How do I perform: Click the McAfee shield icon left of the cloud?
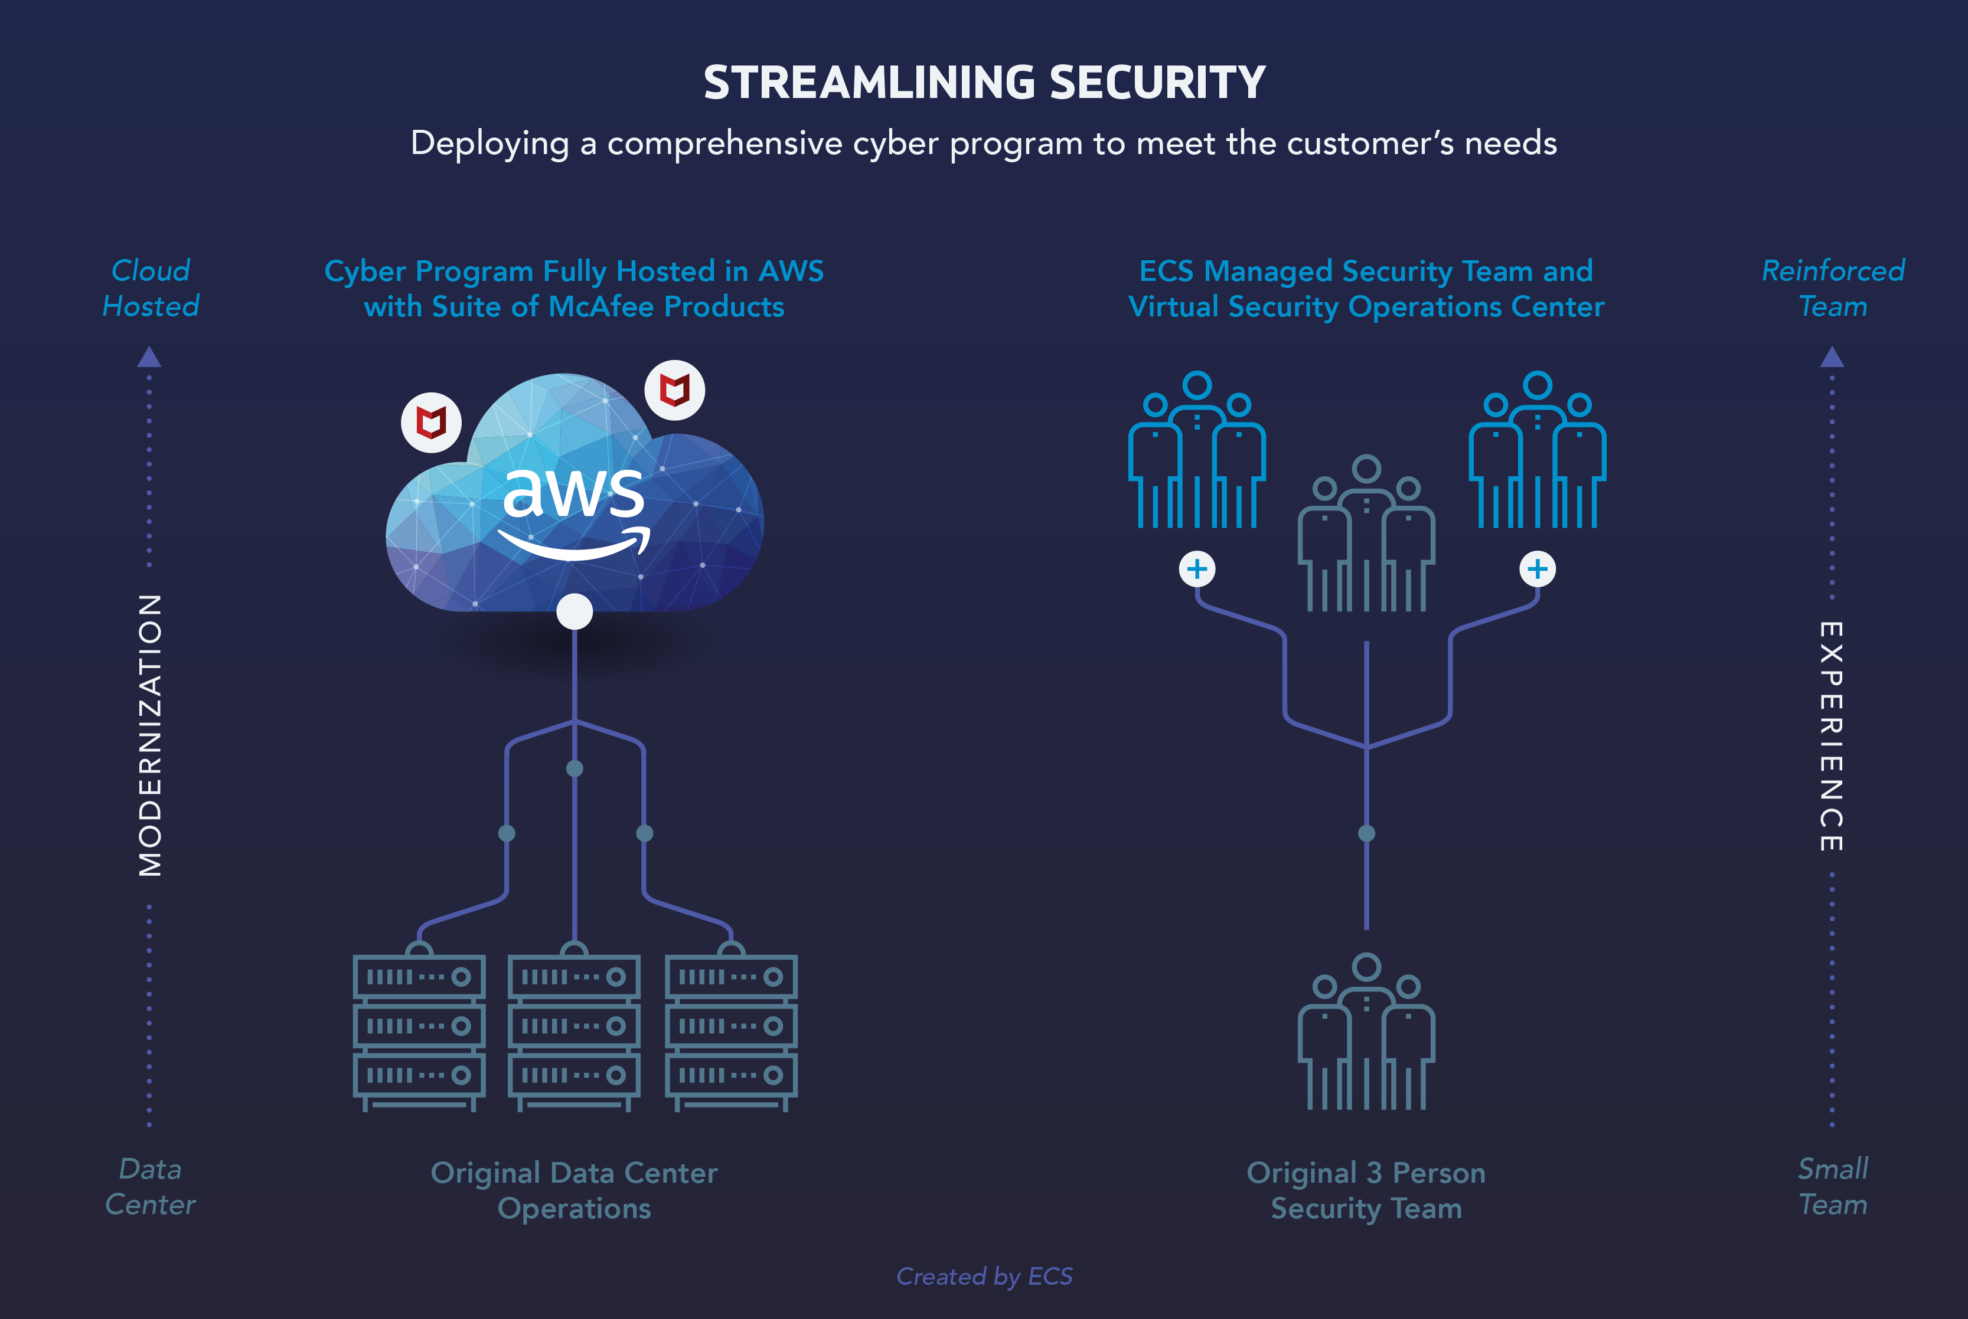coord(432,423)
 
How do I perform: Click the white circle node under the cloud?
coord(575,611)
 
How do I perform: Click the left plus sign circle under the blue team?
coord(1197,570)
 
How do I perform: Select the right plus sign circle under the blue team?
coord(1537,570)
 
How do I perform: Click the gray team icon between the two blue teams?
coord(1366,534)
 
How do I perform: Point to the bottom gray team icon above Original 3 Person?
coord(1366,1032)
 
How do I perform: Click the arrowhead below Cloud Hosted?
coord(150,358)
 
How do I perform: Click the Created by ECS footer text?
coord(984,1276)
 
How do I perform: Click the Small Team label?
coord(1833,1187)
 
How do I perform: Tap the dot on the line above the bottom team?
coord(1366,833)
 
